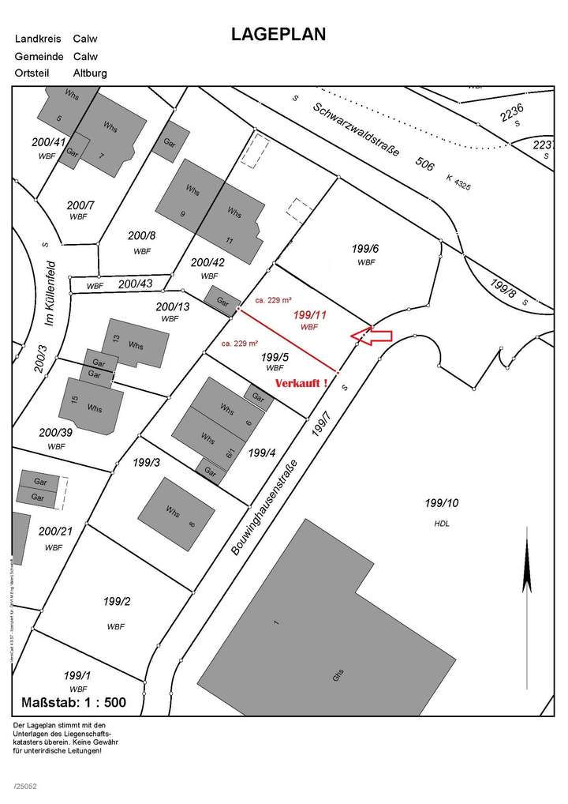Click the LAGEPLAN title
278,35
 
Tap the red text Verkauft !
302,383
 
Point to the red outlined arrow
370,333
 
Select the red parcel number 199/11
308,315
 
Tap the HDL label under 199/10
441,523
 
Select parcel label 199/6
364,248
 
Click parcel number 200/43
136,283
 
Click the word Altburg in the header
90,73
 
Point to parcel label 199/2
116,602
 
